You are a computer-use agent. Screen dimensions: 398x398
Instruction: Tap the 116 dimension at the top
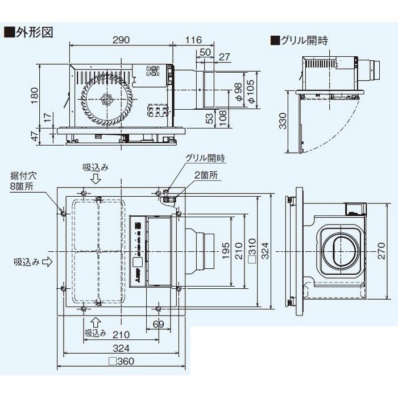tap(194, 40)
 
